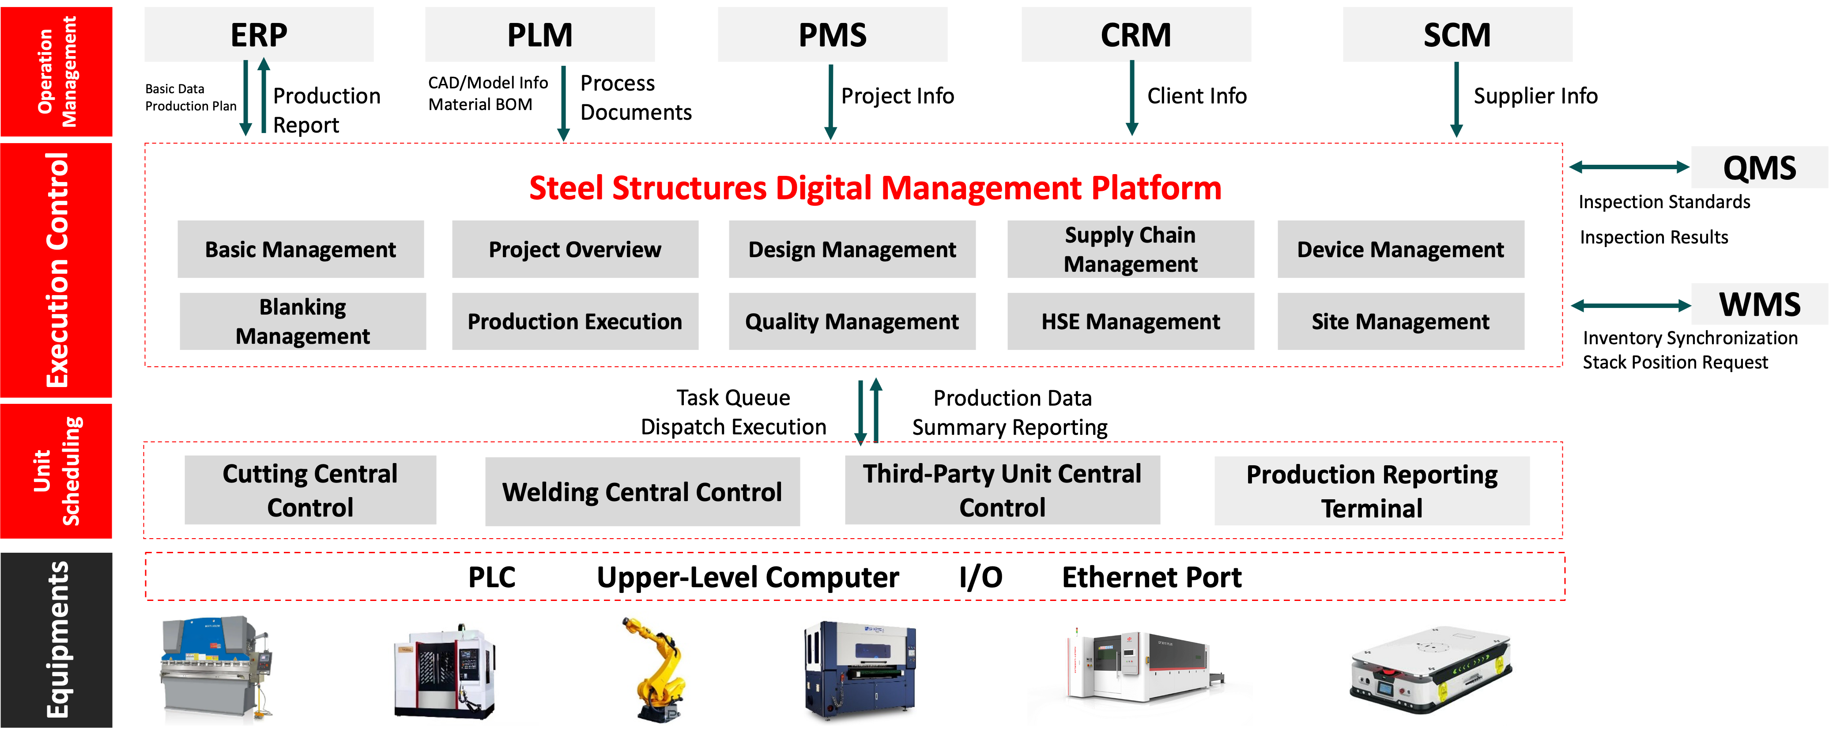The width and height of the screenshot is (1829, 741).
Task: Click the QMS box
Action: click(1759, 167)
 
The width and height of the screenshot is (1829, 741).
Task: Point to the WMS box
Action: click(1759, 304)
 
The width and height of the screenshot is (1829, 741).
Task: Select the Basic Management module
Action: click(300, 249)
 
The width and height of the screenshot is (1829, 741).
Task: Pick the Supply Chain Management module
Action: click(1130, 249)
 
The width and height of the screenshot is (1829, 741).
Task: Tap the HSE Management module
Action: click(1130, 322)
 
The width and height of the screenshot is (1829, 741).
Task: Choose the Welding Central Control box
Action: click(642, 492)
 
